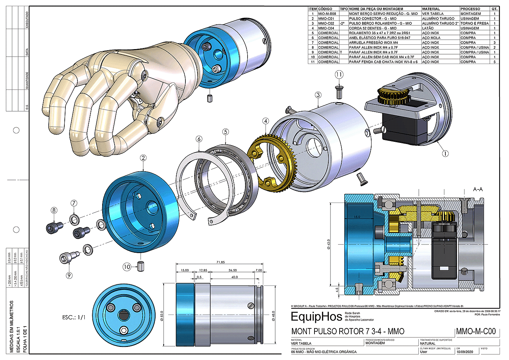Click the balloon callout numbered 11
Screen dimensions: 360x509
click(x=339, y=75)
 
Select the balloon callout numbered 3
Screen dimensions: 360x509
click(x=318, y=95)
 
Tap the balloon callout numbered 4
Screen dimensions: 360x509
click(x=266, y=121)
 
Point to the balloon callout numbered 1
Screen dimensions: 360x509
click(x=445, y=153)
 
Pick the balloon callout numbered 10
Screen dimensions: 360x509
click(x=127, y=267)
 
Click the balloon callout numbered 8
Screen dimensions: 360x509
click(x=54, y=210)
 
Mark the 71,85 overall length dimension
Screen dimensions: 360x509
click(x=220, y=262)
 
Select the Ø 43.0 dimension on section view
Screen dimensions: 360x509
click(x=329, y=244)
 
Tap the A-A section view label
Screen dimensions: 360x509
click(x=478, y=189)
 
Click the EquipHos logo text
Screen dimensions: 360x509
click(x=316, y=317)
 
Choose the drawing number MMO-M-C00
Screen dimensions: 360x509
click(x=476, y=331)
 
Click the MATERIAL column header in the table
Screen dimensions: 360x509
click(x=431, y=9)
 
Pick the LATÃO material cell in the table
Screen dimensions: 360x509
click(x=428, y=28)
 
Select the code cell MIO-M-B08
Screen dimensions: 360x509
click(x=327, y=13)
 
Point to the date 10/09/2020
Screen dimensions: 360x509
click(x=465, y=352)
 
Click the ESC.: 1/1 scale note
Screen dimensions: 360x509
click(x=74, y=317)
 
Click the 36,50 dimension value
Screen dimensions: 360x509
click(x=233, y=270)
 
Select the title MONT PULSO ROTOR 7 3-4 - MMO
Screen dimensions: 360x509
click(x=348, y=331)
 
